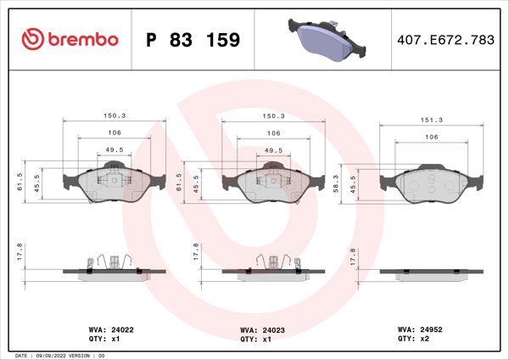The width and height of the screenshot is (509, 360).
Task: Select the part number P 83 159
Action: (x=193, y=40)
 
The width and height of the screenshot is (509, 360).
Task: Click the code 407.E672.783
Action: (x=445, y=40)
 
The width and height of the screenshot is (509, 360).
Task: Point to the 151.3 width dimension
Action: (x=431, y=120)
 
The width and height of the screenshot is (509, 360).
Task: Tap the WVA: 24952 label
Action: (x=417, y=328)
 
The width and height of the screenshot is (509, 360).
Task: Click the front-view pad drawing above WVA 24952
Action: (x=430, y=183)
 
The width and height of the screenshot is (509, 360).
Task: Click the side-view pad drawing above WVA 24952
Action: (x=430, y=273)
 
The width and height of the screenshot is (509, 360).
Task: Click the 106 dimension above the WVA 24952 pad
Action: (x=431, y=137)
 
